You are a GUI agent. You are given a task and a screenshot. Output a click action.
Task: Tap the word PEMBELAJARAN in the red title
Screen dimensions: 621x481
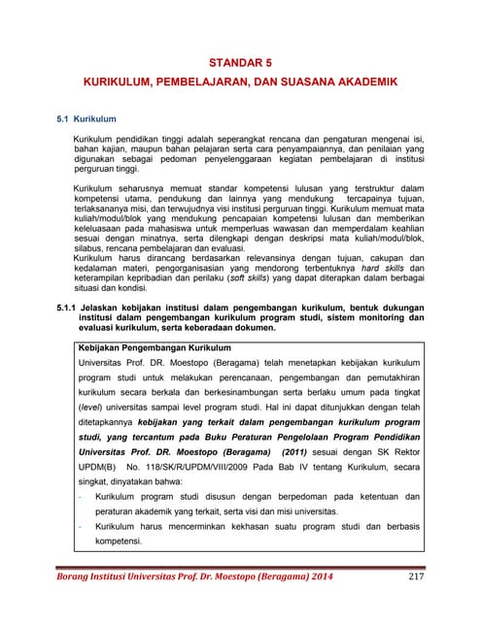[x=200, y=84]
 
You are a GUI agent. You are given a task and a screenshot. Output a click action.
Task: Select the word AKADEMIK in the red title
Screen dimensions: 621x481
[x=361, y=84]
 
